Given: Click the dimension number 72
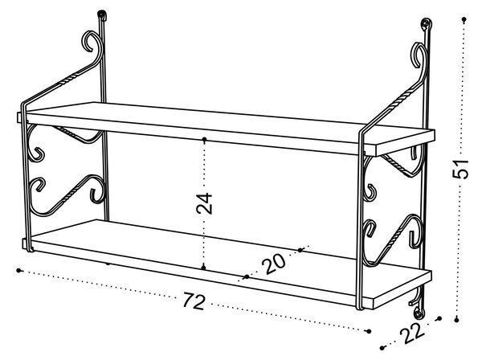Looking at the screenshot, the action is pos(194,301).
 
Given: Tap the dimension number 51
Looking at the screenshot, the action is pos(460,169).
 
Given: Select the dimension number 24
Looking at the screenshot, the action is pos(204,203).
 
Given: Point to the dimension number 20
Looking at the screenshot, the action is pos(274,263).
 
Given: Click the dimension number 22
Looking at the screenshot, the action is pos(412,333).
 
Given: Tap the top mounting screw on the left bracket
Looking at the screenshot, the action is pos(102,14).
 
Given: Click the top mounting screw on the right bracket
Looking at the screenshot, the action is pos(426,22).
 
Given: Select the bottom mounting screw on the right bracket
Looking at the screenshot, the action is pos(418,314).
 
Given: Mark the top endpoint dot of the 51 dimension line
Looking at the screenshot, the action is pos(464,19).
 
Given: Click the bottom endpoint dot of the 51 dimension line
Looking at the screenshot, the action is pos(457,320).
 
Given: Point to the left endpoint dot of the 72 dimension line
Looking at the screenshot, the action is pos(19,271).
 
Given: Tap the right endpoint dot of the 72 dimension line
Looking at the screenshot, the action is pos(370,331).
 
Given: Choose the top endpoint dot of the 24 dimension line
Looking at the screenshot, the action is pos(204,140).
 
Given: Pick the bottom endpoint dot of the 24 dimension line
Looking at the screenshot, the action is pos(203,268).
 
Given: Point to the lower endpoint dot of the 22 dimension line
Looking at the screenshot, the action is pos(382,348).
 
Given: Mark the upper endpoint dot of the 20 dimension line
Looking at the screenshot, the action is pos(300,250).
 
